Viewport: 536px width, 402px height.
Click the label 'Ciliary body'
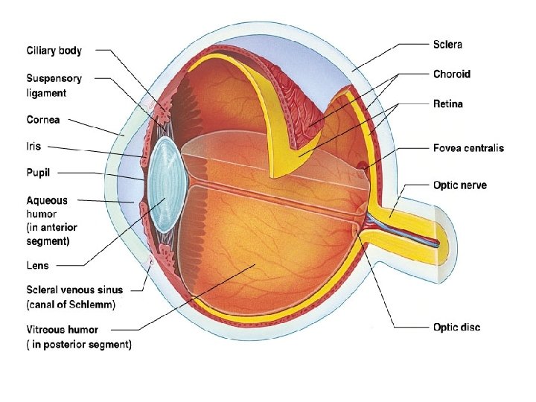pyautogui.click(x=54, y=51)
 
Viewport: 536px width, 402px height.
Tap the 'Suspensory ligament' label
pyautogui.click(x=54, y=85)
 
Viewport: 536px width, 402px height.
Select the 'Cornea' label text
pyautogui.click(x=43, y=119)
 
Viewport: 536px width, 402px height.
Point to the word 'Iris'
pyautogui.click(x=33, y=147)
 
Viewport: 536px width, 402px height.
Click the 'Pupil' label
pyautogui.click(x=39, y=173)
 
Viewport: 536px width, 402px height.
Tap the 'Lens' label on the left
pyautogui.click(x=38, y=265)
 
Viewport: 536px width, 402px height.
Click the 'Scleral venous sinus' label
pyautogui.click(x=74, y=290)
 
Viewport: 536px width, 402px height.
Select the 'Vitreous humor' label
pyautogui.click(x=62, y=329)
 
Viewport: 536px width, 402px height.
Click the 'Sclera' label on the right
pyautogui.click(x=447, y=44)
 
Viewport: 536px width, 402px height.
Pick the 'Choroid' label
pyautogui.click(x=451, y=74)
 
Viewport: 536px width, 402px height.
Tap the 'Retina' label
pyautogui.click(x=447, y=103)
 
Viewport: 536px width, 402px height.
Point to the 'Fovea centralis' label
pyautogui.click(x=468, y=147)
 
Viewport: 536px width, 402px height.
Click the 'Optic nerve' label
pyautogui.click(x=459, y=184)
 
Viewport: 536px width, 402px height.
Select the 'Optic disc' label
pyautogui.click(x=456, y=327)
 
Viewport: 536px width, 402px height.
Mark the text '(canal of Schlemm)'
pyautogui.click(x=71, y=304)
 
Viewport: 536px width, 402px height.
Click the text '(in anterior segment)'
pyautogui.click(x=51, y=233)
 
